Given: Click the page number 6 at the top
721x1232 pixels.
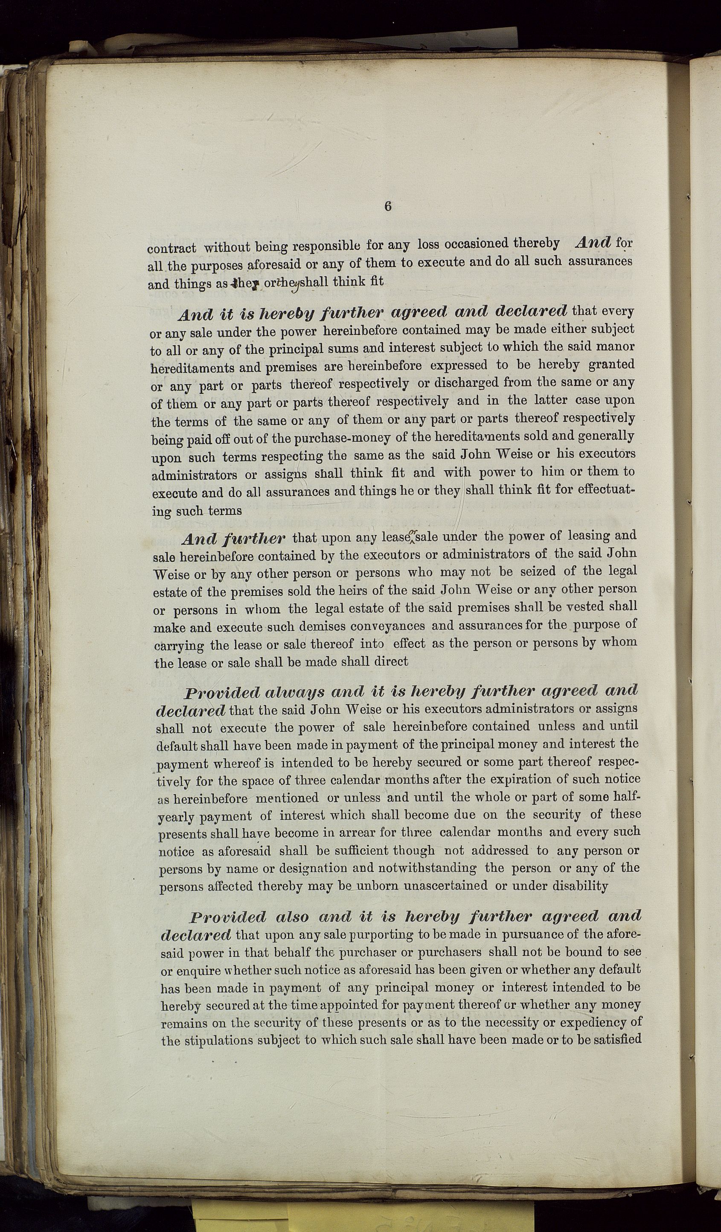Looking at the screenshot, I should [388, 206].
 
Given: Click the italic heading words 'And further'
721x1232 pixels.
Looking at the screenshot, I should [233, 539].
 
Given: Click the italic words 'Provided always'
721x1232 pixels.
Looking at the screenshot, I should [254, 693].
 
